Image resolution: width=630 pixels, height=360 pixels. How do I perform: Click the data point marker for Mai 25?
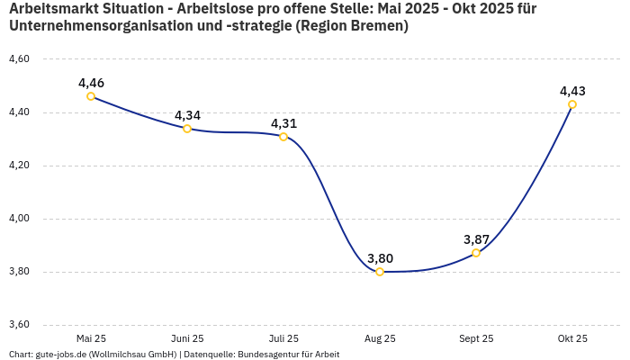click(x=91, y=96)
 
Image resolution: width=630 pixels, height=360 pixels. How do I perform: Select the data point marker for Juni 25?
click(x=187, y=129)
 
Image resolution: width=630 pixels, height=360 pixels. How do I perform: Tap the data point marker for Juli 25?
click(x=283, y=137)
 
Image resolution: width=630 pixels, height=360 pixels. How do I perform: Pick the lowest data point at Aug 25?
click(x=380, y=272)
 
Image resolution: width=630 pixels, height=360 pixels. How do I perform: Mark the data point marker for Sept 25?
click(x=476, y=253)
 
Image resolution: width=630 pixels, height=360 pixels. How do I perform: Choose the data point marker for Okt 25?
click(x=572, y=104)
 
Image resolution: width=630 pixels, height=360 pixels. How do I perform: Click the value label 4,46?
click(x=91, y=83)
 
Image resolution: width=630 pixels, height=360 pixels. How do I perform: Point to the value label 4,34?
click(x=187, y=115)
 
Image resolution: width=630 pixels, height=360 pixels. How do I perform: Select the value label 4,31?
click(x=283, y=123)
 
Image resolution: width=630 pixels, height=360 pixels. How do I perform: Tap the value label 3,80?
click(x=380, y=258)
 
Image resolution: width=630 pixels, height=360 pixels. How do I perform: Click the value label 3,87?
click(x=476, y=239)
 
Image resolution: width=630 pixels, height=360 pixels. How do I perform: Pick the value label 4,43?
click(x=572, y=91)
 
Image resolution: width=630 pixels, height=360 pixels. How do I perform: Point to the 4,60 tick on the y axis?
click(x=19, y=59)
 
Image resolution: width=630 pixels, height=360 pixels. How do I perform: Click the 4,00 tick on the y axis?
click(x=19, y=219)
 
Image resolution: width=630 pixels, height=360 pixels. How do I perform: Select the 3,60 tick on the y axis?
click(x=19, y=325)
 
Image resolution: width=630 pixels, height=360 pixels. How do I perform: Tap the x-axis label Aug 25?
click(x=380, y=338)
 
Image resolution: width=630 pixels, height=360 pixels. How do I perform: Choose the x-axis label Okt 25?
click(x=572, y=338)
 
